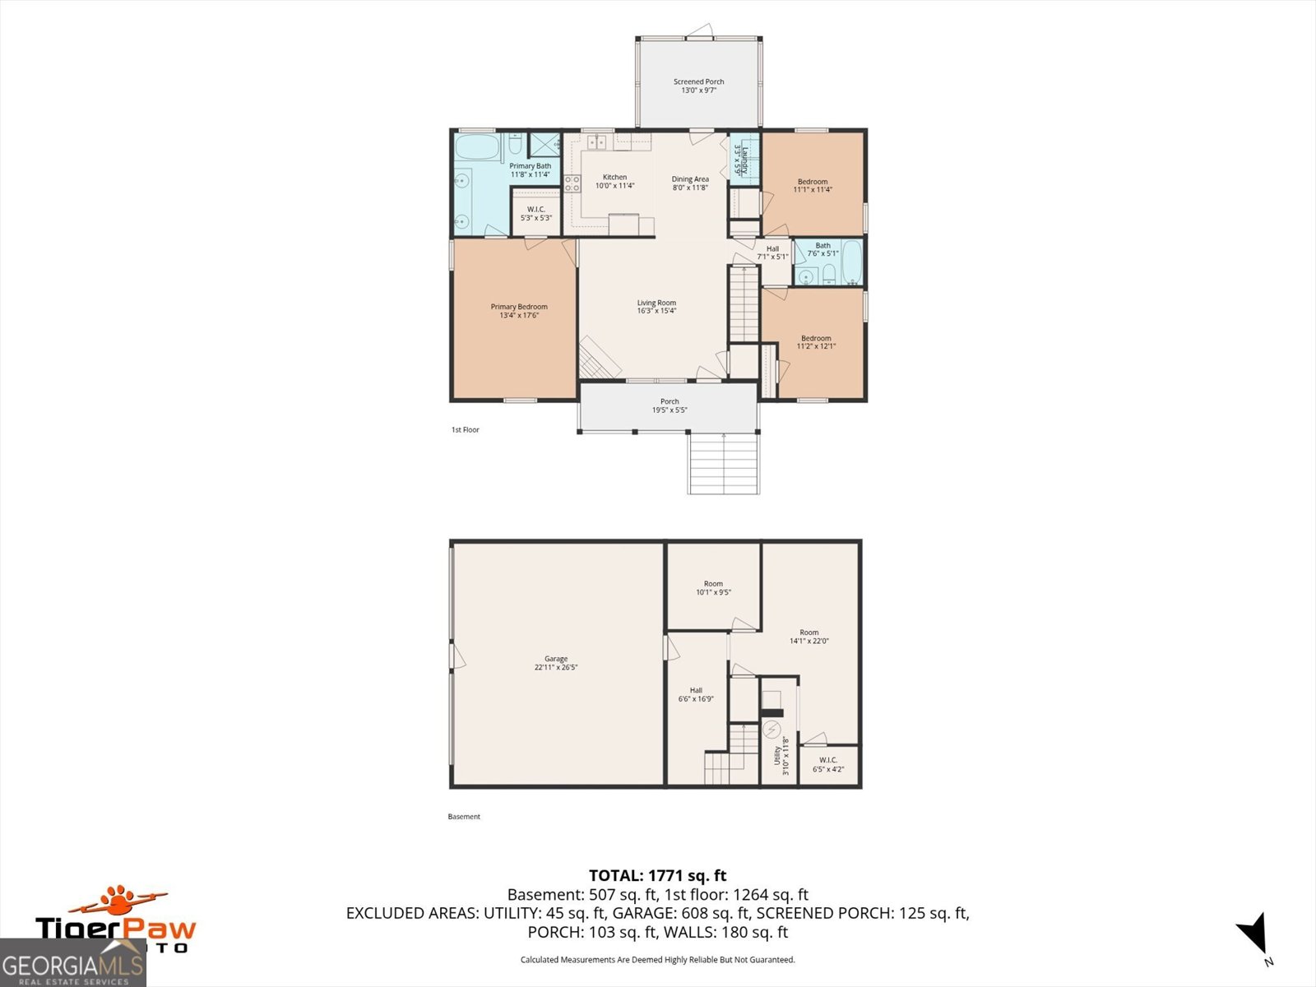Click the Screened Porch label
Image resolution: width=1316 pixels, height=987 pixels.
pyautogui.click(x=698, y=82)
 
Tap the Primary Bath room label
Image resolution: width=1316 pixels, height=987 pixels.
pyautogui.click(x=530, y=166)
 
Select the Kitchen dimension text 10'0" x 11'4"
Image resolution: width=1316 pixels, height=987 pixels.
pyautogui.click(x=614, y=186)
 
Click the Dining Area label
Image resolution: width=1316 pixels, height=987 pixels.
pyautogui.click(x=689, y=179)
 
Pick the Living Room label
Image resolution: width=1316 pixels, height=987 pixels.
pyautogui.click(x=656, y=303)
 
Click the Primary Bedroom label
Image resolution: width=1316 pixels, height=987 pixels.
pyautogui.click(x=519, y=307)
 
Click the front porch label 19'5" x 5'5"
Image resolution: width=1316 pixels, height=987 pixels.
pyautogui.click(x=670, y=405)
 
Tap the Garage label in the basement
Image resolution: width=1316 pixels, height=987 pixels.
pyautogui.click(x=556, y=659)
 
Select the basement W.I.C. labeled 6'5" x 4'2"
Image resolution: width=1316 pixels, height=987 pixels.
pyautogui.click(x=828, y=765)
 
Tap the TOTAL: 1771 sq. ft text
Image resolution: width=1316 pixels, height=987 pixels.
pyautogui.click(x=657, y=876)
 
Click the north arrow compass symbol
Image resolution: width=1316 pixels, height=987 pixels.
pyautogui.click(x=1253, y=934)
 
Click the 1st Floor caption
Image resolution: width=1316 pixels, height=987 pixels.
pyautogui.click(x=465, y=429)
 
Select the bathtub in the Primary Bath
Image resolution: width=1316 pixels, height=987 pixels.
pyautogui.click(x=477, y=149)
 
